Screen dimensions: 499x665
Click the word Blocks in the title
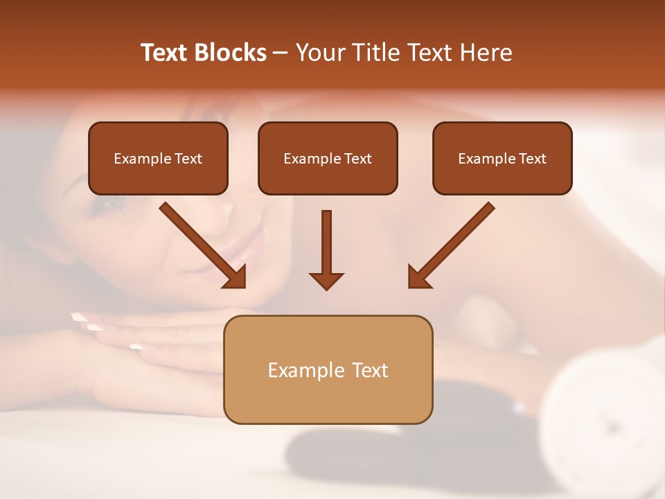[x=231, y=53]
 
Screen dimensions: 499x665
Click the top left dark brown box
[x=158, y=158]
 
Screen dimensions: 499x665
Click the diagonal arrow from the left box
[x=201, y=244]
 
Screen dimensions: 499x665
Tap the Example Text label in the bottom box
[x=328, y=370]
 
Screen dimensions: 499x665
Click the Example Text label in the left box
[x=158, y=159]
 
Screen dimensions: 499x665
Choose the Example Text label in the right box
[x=502, y=159]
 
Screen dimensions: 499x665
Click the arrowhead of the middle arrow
[x=326, y=280]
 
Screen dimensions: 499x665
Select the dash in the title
[x=281, y=53]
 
